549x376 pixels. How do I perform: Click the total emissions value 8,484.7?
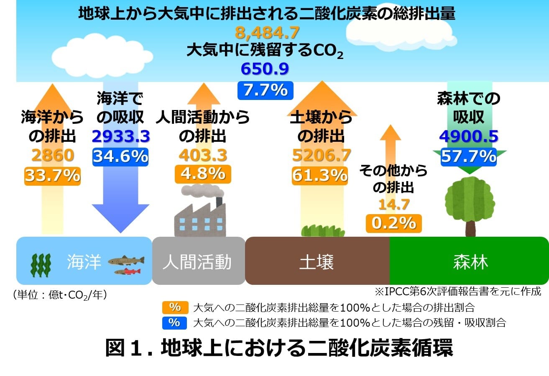pyautogui.click(x=267, y=33)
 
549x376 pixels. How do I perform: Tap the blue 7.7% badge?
pyautogui.click(x=266, y=90)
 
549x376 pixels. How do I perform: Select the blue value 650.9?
pyautogui.click(x=265, y=69)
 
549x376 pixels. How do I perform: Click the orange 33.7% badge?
pyautogui.click(x=52, y=176)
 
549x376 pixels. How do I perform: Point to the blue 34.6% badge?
pyautogui.click(x=120, y=157)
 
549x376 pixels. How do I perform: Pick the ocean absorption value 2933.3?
pyautogui.click(x=121, y=136)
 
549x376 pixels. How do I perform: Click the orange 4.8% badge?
pyautogui.click(x=203, y=174)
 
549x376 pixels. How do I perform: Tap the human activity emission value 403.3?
pyautogui.click(x=203, y=155)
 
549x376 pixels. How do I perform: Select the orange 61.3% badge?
pyautogui.click(x=320, y=176)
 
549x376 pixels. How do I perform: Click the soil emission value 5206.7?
pyautogui.click(x=322, y=155)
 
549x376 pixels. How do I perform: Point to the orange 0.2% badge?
pyautogui.click(x=394, y=223)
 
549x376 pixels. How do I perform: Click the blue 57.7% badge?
pyautogui.click(x=469, y=157)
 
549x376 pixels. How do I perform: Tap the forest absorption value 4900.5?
pyautogui.click(x=469, y=136)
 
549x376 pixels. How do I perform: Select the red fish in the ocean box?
pyautogui.click(x=128, y=271)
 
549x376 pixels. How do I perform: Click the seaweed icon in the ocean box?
pyautogui.click(x=41, y=266)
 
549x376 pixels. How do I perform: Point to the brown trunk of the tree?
pyautogui.click(x=470, y=228)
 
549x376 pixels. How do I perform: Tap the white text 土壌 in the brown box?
pyautogui.click(x=317, y=262)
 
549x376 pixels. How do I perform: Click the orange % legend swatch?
pyautogui.click(x=175, y=307)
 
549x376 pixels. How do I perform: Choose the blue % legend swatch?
pyautogui.click(x=174, y=323)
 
